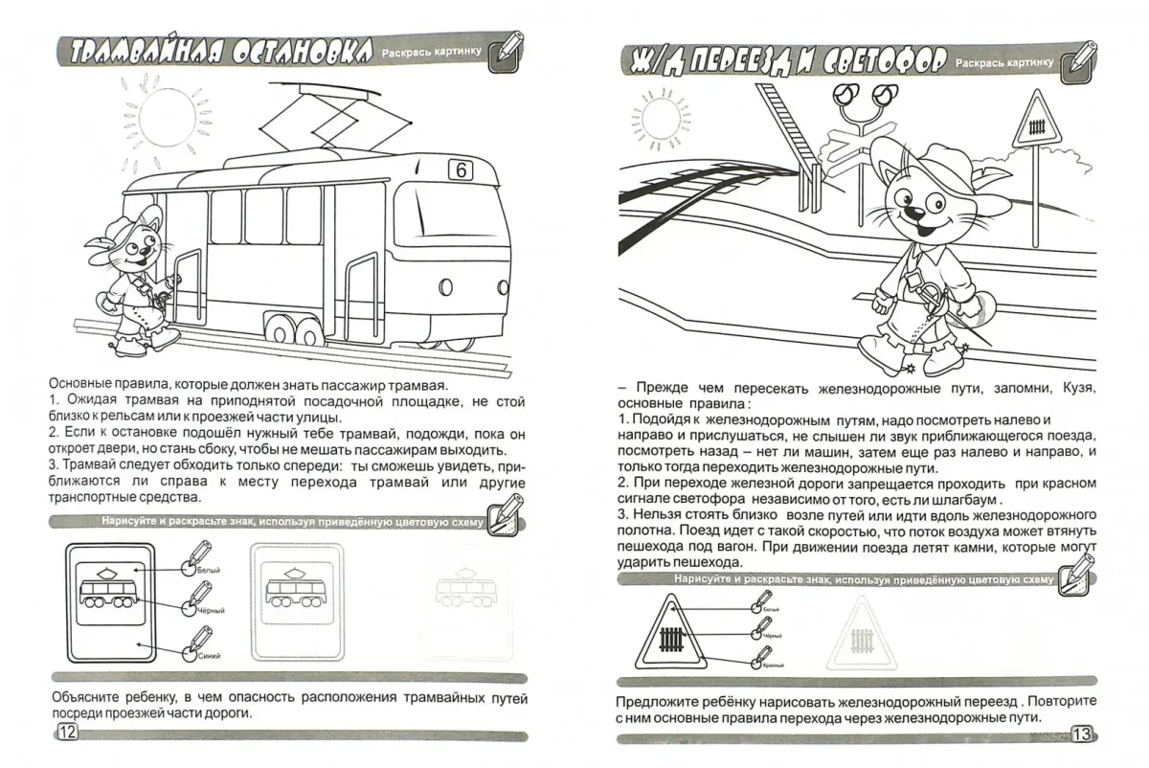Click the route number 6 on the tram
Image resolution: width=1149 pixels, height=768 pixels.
pyautogui.click(x=461, y=170)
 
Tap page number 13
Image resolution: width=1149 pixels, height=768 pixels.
pyautogui.click(x=1081, y=734)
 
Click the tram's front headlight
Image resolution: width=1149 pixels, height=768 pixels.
pyautogui.click(x=445, y=285)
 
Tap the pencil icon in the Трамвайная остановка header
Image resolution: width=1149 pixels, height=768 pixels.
pyautogui.click(x=507, y=52)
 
